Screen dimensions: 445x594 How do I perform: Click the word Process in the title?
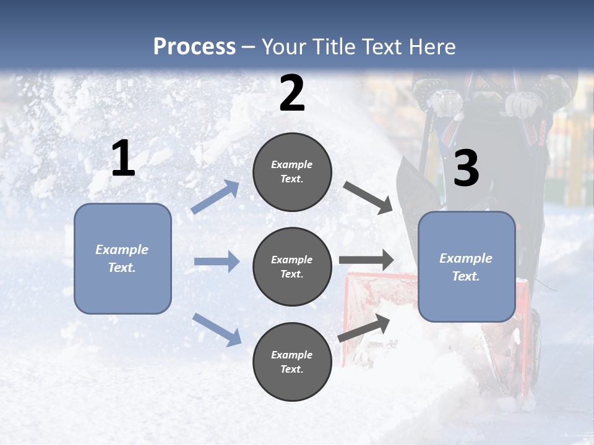click(194, 46)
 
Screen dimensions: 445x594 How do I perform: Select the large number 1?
click(123, 159)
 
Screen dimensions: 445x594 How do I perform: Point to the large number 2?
click(292, 93)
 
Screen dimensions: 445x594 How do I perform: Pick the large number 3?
click(466, 168)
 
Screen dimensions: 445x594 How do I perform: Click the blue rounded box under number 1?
click(123, 258)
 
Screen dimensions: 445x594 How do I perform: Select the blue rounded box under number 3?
click(467, 267)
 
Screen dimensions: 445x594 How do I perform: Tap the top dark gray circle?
click(292, 172)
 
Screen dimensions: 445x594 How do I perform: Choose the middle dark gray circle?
click(292, 267)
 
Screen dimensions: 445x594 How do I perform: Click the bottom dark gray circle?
click(292, 362)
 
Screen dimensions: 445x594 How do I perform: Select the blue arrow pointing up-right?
click(216, 197)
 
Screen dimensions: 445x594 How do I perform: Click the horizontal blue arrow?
click(217, 261)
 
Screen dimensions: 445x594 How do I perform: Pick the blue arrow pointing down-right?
click(217, 329)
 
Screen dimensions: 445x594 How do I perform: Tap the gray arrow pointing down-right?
click(368, 198)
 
